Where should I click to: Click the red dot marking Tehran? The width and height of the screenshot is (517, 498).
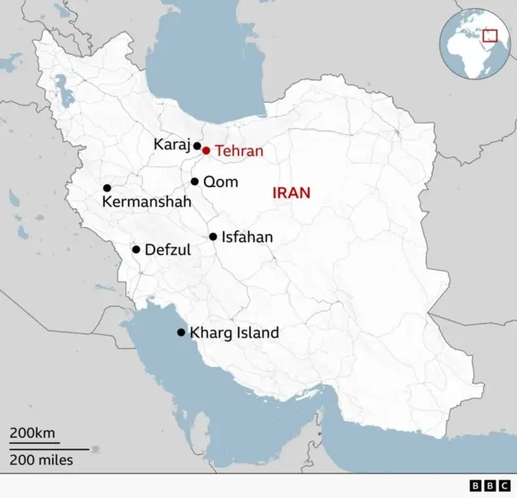click(206, 150)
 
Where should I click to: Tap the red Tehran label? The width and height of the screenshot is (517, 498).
click(238, 151)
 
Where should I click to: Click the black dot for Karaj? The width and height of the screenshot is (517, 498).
click(196, 146)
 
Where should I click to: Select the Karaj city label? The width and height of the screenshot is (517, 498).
click(170, 144)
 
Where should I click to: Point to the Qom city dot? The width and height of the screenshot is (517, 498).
click(195, 182)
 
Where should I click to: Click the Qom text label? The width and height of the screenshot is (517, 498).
click(221, 182)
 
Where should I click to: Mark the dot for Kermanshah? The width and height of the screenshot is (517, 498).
click(107, 188)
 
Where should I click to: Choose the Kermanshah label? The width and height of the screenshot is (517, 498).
click(146, 203)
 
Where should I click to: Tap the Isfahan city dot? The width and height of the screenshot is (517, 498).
click(213, 236)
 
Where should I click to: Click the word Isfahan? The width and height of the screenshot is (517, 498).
click(246, 237)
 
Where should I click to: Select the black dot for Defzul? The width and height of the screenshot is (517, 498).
click(136, 249)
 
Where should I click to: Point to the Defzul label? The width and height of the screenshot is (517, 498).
click(167, 250)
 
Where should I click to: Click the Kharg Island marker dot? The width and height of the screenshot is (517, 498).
click(181, 332)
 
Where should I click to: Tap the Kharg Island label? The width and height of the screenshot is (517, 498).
click(233, 333)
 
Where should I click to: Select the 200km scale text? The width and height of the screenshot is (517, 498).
click(32, 433)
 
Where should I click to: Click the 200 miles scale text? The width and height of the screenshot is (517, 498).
click(41, 460)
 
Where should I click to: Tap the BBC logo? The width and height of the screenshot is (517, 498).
click(490, 485)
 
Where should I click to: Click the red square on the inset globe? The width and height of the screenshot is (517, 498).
click(489, 35)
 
